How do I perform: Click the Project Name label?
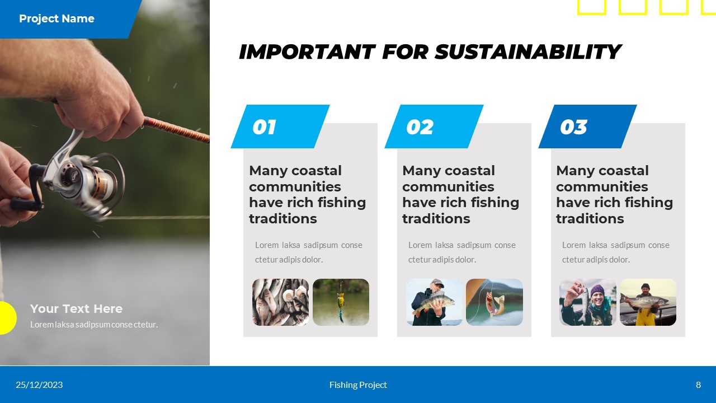pos(56,18)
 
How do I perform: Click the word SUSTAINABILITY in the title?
pos(527,52)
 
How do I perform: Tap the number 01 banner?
pos(280,126)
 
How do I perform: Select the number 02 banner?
pos(434,126)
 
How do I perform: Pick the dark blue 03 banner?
pos(587,126)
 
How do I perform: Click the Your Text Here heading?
pos(76,308)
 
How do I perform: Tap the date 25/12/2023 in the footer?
pos(39,385)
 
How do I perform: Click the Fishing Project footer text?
pos(358,385)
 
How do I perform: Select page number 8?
pos(698,385)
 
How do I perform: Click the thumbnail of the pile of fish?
pos(280,302)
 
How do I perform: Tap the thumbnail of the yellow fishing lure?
pos(341,302)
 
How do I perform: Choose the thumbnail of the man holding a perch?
pos(434,302)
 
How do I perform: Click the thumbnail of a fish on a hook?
pos(494,302)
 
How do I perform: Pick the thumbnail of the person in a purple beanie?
pos(588,302)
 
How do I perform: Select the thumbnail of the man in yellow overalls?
pos(648,302)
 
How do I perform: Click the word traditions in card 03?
pos(590,219)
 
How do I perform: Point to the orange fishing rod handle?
pos(176,129)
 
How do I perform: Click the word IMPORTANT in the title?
pos(307,52)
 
